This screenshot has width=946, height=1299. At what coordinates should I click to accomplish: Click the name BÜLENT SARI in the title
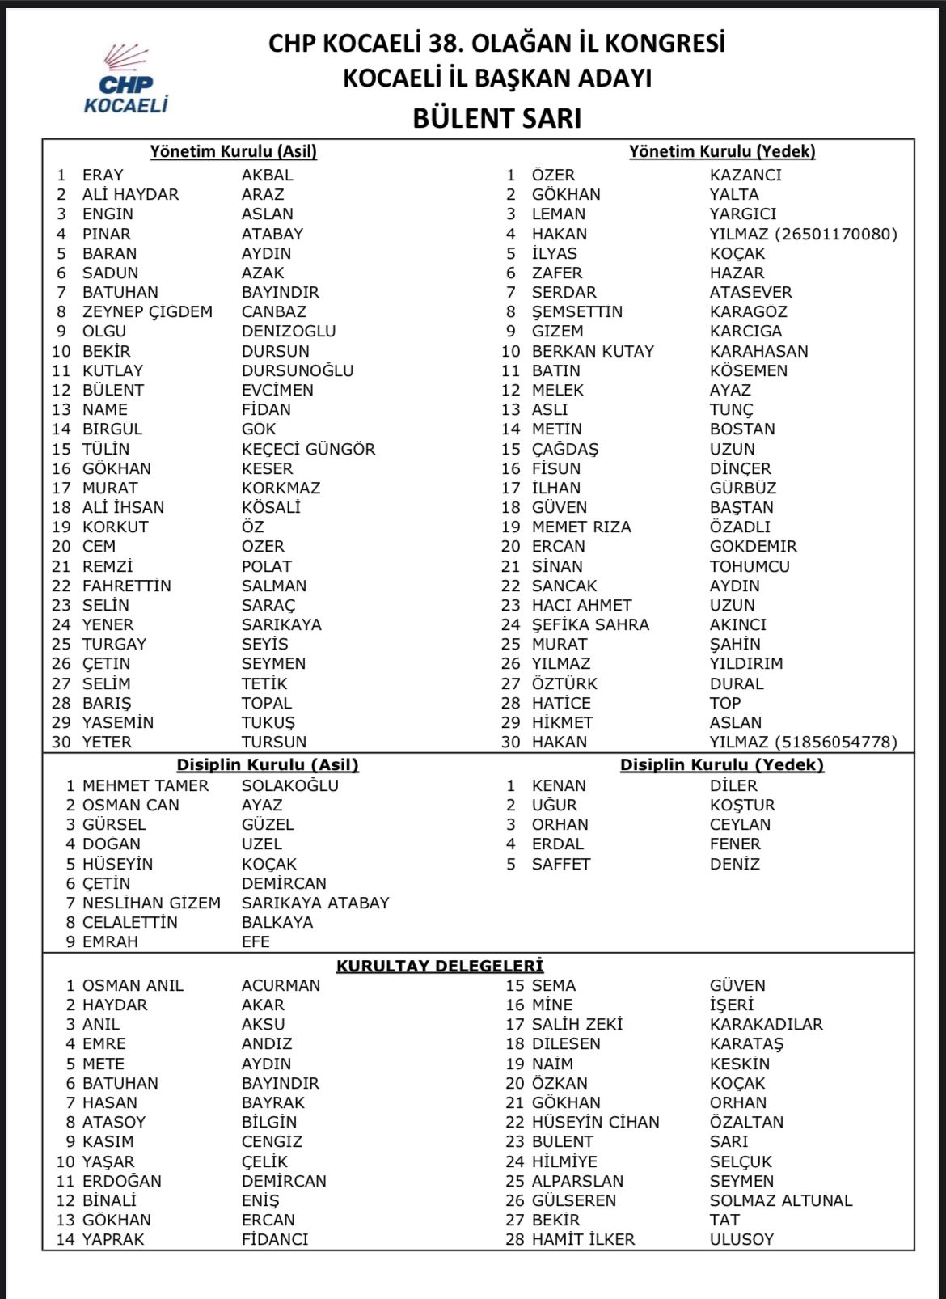[x=496, y=118]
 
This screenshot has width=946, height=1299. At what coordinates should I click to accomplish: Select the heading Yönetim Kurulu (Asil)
[x=234, y=151]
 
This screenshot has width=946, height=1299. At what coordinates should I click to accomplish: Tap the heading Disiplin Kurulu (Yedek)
[x=722, y=764]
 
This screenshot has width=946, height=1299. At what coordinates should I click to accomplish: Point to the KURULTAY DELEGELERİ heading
[x=440, y=966]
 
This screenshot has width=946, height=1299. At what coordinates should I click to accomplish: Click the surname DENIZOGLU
[x=289, y=331]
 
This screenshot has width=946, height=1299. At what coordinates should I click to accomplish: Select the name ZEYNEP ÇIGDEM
[x=147, y=311]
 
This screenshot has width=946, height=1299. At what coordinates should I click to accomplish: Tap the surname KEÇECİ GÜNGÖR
[x=308, y=449]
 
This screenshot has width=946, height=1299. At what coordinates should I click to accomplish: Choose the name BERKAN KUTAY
[x=593, y=351]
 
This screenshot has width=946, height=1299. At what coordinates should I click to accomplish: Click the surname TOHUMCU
[x=750, y=566]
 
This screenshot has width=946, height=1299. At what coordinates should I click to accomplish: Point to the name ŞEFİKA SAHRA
[x=590, y=624]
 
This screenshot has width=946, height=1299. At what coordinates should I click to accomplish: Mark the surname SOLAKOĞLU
[x=290, y=785]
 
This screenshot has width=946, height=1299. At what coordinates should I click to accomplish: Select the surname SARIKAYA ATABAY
[x=315, y=903]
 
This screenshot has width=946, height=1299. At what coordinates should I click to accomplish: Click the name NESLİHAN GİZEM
[x=151, y=903]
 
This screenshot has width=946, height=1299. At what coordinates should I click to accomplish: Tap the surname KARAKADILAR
[x=766, y=1024]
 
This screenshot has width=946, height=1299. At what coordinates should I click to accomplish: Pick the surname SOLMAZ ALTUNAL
[x=781, y=1200]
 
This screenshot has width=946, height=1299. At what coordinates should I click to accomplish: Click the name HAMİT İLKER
[x=583, y=1239]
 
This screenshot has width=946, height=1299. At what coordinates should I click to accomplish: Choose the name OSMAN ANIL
[x=133, y=985]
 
